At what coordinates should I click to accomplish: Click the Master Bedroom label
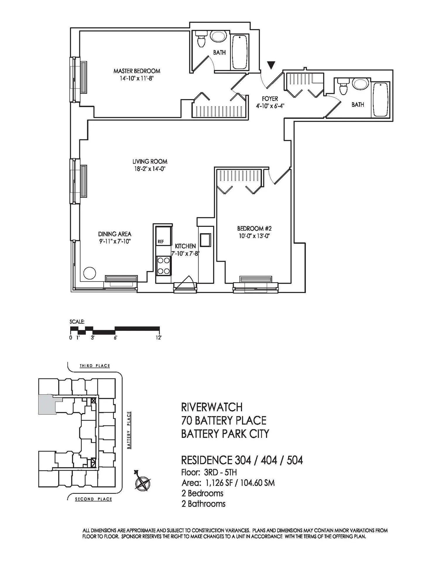click(137, 71)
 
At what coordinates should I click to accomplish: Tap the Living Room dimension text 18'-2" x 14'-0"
click(150, 169)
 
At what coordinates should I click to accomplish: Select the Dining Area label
click(115, 234)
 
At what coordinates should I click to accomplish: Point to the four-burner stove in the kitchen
click(164, 266)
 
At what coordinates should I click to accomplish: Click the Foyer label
click(270, 99)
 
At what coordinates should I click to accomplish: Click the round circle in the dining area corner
click(90, 273)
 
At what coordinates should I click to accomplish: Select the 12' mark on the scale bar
click(159, 338)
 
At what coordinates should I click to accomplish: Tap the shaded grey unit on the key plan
click(47, 404)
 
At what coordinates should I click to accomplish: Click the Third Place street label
click(95, 366)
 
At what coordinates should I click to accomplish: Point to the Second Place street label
click(94, 499)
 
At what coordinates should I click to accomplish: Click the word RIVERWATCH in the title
click(212, 407)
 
